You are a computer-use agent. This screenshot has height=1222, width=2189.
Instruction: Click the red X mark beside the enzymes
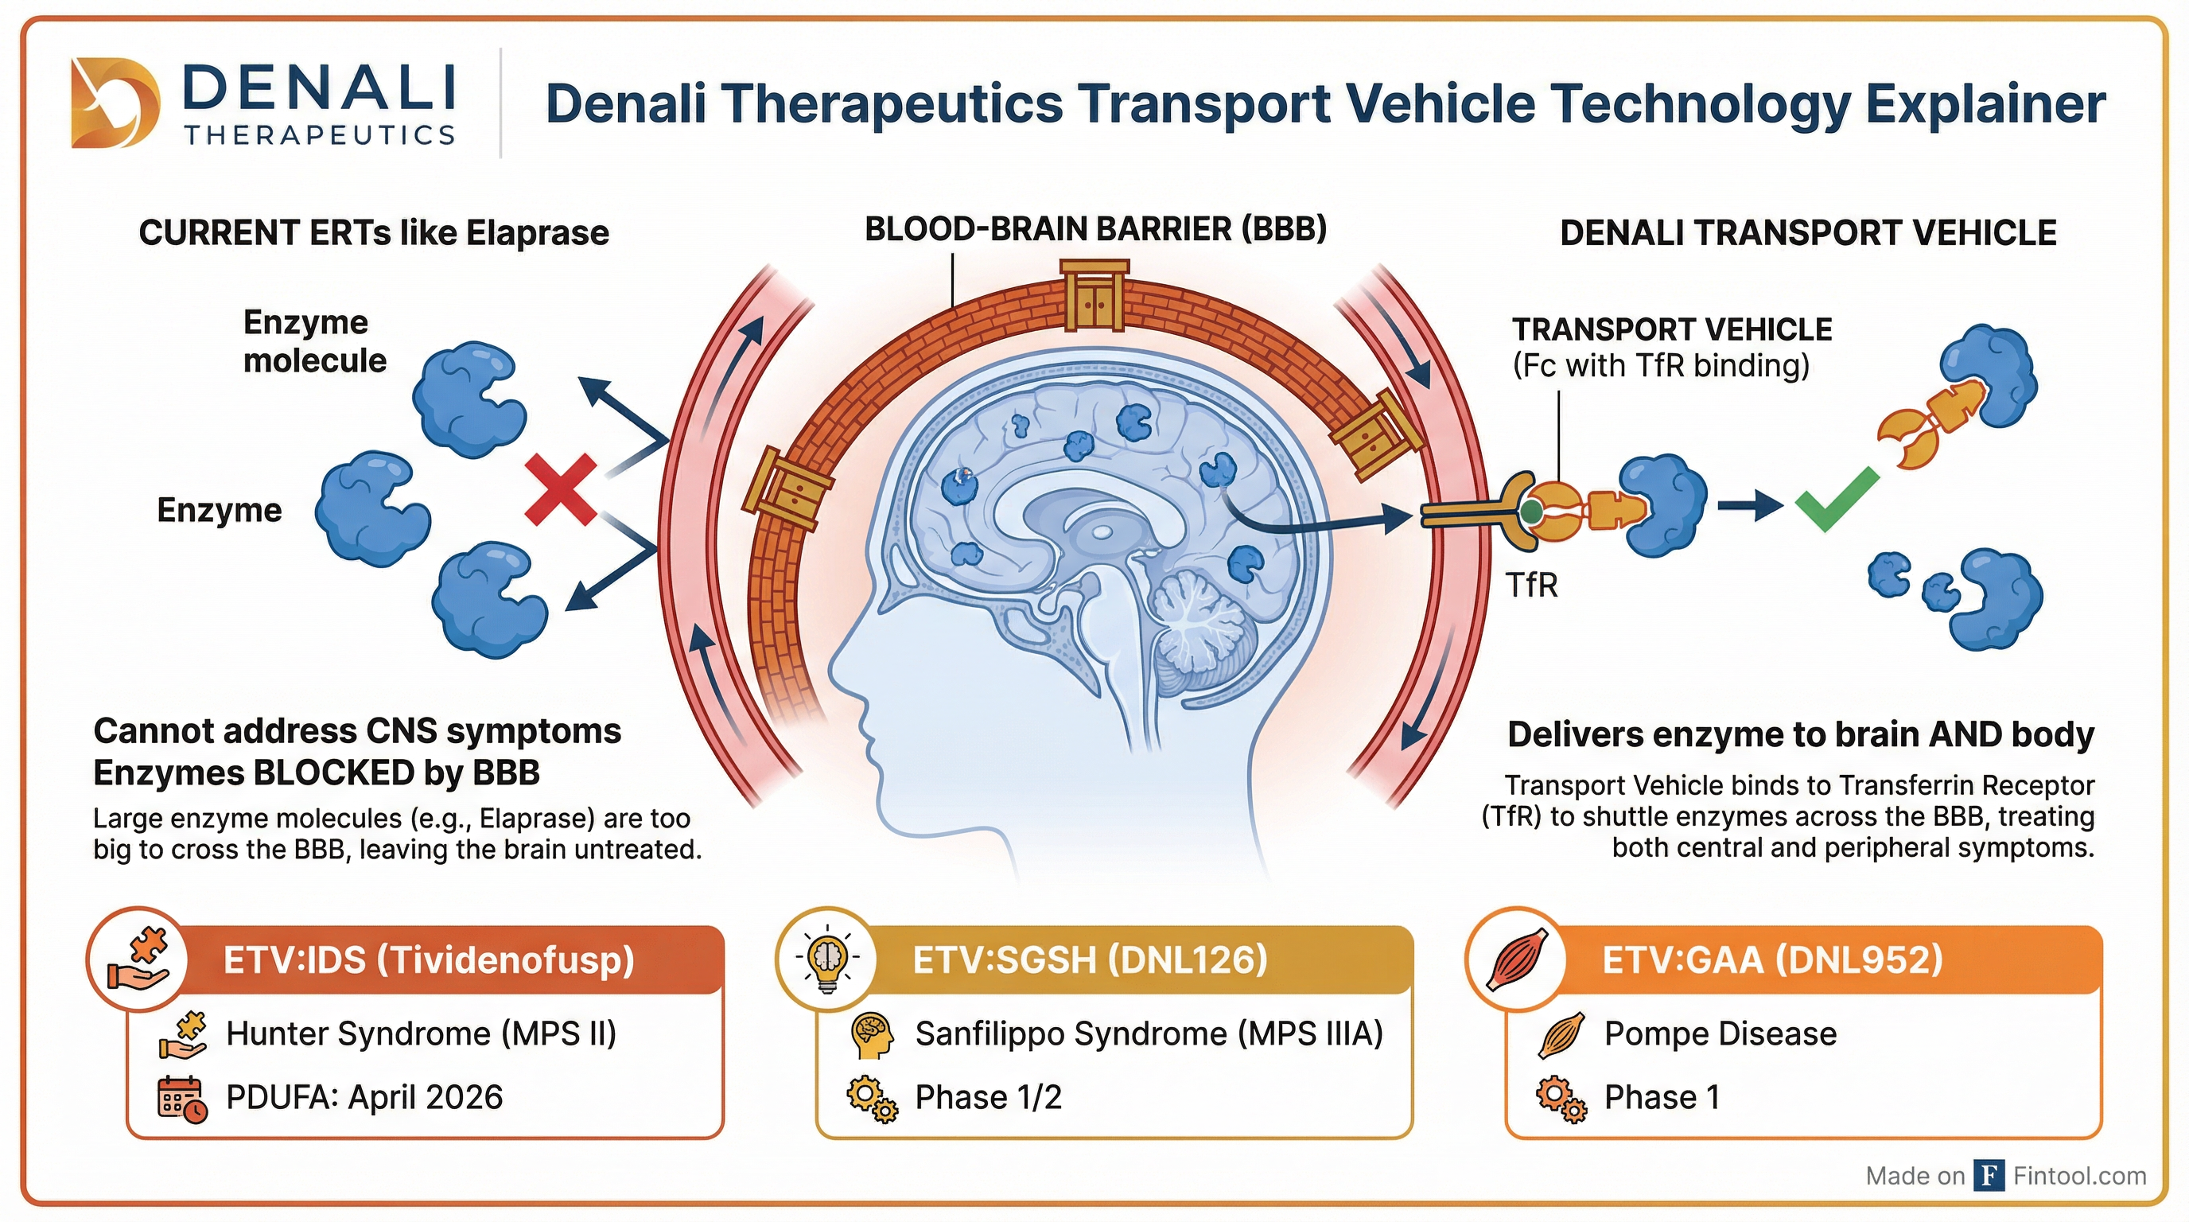pos(561,489)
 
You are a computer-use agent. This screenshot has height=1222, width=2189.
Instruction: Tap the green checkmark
pos(1836,501)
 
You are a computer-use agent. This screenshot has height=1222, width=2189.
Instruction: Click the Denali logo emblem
pos(114,103)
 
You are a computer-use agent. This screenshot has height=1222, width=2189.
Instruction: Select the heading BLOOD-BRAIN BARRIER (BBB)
pos(1095,229)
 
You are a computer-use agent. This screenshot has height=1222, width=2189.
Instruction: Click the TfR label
pos(1531,586)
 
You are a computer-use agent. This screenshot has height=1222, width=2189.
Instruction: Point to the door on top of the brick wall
pos(1094,298)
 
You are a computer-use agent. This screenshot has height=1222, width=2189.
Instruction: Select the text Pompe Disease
pos(1720,1034)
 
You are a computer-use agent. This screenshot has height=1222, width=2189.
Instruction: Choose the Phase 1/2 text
pos(988,1098)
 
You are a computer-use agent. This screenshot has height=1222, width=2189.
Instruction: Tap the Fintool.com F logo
pos(1989,1176)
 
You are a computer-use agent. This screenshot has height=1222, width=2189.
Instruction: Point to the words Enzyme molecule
pos(314,341)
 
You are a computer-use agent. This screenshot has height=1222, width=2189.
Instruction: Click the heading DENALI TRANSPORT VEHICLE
pos(1807,233)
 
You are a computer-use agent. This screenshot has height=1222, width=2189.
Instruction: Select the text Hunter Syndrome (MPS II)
pos(422,1034)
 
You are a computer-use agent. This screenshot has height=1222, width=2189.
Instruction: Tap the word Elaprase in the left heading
pos(537,233)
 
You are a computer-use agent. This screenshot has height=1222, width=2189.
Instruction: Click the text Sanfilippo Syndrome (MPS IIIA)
pos(1149,1034)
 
